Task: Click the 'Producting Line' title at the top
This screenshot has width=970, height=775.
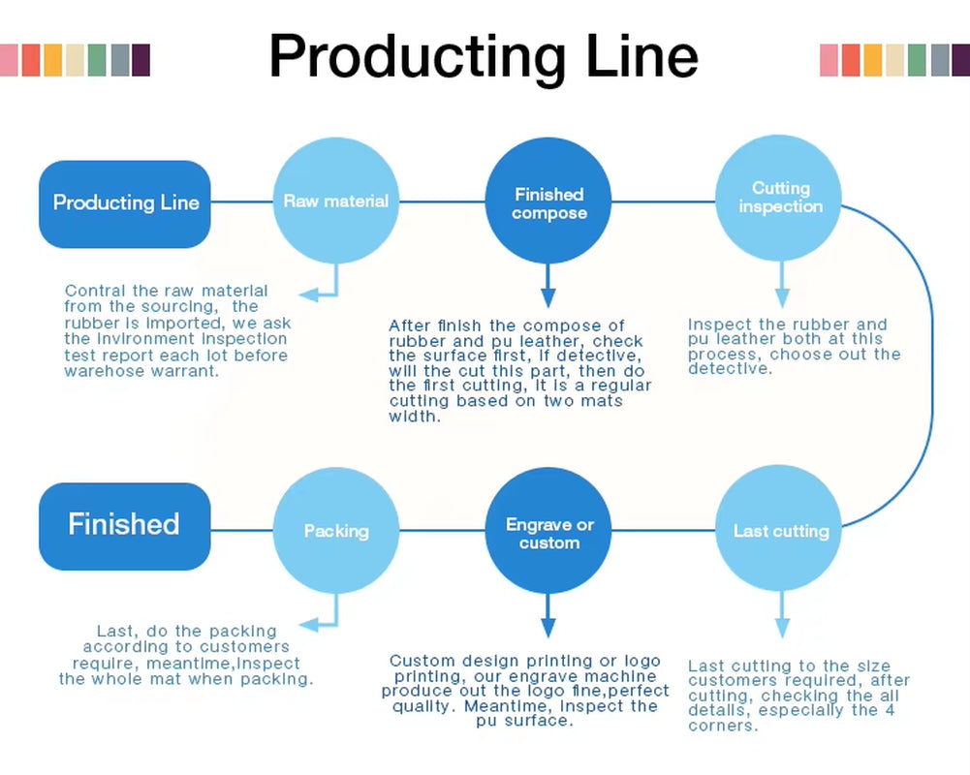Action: (x=483, y=56)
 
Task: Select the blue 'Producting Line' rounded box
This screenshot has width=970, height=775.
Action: (x=125, y=203)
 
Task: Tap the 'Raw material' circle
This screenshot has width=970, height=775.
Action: (x=336, y=201)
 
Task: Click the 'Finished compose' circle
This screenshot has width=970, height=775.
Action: (x=549, y=203)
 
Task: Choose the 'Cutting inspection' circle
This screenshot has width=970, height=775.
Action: (x=780, y=199)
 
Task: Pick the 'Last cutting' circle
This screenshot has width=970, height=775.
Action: (x=780, y=531)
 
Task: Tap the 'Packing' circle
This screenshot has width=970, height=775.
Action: (x=336, y=531)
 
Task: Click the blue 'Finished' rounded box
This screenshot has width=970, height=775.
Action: (x=124, y=525)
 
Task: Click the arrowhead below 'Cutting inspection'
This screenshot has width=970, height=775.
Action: (x=781, y=297)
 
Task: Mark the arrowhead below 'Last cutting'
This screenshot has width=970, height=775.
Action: (x=781, y=628)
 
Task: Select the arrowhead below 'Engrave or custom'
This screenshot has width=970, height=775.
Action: (x=548, y=628)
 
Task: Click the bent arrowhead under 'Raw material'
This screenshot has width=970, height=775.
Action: (x=309, y=294)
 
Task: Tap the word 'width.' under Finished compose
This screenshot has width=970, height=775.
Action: (x=415, y=418)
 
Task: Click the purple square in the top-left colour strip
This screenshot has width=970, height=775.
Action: (x=141, y=60)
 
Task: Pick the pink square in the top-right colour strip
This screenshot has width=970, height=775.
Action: (x=829, y=60)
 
